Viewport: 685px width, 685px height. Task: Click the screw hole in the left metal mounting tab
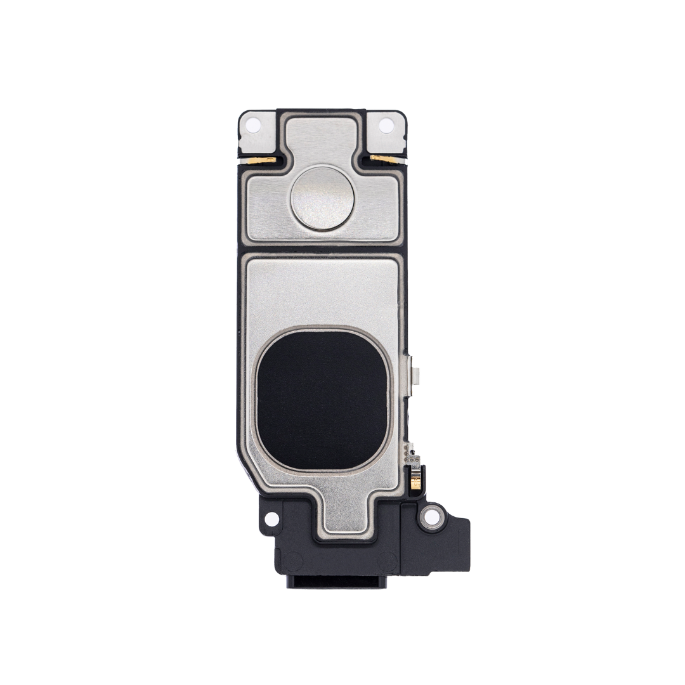[x=253, y=126]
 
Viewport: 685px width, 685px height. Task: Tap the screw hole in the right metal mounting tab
[x=386, y=126]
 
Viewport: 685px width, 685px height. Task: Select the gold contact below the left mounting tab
[x=262, y=160]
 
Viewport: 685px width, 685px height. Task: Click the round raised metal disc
[x=322, y=198]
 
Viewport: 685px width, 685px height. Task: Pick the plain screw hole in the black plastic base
[x=271, y=519]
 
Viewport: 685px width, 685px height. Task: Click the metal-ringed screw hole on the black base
[x=432, y=517]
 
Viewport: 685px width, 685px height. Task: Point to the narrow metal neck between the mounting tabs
[x=321, y=136]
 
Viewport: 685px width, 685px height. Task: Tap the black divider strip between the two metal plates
[x=322, y=248]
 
